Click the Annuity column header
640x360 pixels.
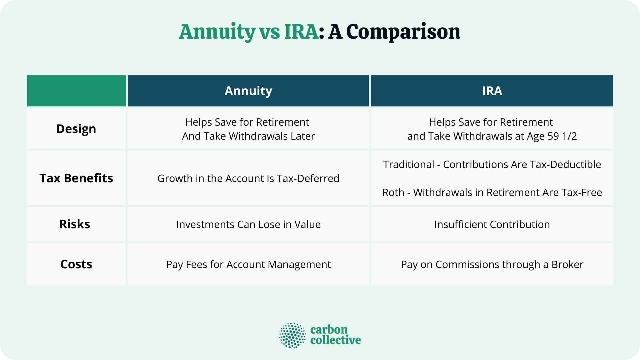[248, 91]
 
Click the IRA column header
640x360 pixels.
[492, 91]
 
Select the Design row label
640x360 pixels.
[76, 129]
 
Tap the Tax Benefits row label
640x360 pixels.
[76, 178]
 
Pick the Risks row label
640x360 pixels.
[75, 224]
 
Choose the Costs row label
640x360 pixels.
[76, 264]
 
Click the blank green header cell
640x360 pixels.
[76, 91]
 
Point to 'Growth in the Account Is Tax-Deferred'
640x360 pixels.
[248, 178]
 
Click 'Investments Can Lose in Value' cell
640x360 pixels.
[248, 224]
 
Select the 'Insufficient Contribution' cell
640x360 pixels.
[492, 224]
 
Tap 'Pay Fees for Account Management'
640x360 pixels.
[248, 264]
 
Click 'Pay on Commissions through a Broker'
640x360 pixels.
[492, 264]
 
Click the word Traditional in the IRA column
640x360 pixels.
[408, 164]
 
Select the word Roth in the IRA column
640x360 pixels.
[393, 192]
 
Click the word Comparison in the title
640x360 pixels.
[403, 32]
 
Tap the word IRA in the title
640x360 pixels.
[301, 32]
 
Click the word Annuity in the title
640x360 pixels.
[217, 32]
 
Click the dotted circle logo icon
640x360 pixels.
[292, 335]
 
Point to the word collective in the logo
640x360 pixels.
[335, 340]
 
